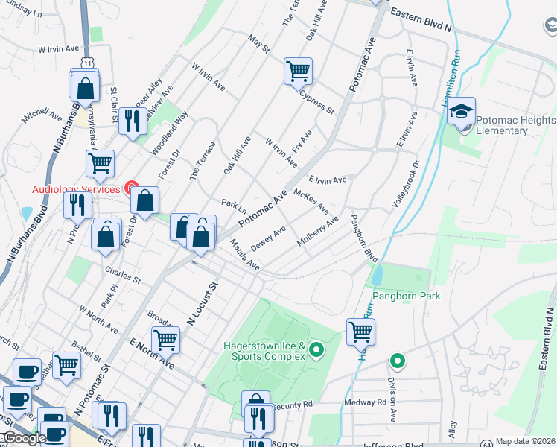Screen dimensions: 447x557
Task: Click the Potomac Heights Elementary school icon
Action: coord(462,112)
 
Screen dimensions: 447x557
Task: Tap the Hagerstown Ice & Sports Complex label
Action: coord(264,351)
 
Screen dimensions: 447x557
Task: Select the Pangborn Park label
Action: coord(407,296)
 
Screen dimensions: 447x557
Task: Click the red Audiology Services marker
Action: coord(132,188)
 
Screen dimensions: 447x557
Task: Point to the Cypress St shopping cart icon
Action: coord(298,72)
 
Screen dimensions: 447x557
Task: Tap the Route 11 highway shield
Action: coord(88,64)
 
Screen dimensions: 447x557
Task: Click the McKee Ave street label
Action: coord(311,200)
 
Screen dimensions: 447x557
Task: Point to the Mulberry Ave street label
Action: coord(318,231)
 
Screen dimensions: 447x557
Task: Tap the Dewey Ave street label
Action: coord(269,238)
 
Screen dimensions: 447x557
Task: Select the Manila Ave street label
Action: coord(244,255)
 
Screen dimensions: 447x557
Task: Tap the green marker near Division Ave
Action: coord(398,361)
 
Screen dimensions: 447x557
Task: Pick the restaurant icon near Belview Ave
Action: coord(133,121)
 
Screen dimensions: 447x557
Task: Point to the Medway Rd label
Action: coord(365,402)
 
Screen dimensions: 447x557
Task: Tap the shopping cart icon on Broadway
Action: coord(166,340)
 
